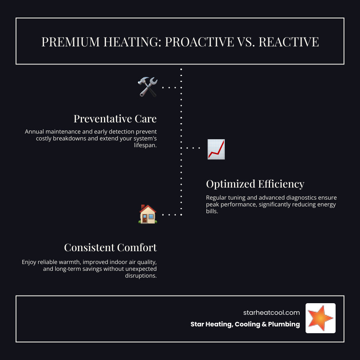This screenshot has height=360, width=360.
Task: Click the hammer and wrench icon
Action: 147,87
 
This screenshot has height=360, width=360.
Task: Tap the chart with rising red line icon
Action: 216,149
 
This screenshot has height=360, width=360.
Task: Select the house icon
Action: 147,214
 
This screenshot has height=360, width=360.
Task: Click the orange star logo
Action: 320,318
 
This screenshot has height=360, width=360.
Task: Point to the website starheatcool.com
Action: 271,313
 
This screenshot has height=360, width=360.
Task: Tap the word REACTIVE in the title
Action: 288,42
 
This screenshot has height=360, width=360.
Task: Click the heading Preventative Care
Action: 115,119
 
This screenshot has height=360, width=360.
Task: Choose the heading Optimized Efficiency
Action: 255,184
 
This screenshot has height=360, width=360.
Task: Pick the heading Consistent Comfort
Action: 110,248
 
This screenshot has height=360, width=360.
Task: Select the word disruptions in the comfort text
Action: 140,276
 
